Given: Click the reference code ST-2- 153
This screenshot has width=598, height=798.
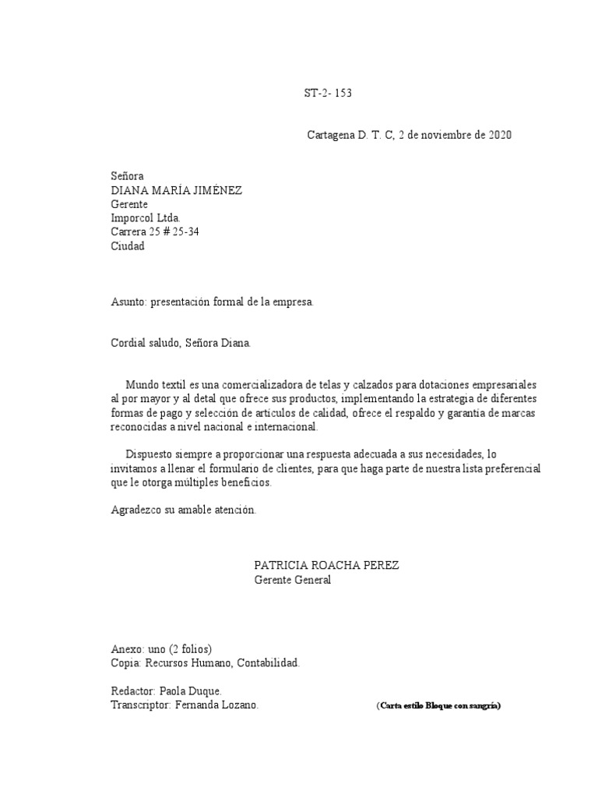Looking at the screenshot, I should [327, 94].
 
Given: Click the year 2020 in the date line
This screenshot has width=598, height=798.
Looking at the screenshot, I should [500, 135].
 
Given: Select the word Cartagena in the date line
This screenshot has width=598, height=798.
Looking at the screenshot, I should [331, 135].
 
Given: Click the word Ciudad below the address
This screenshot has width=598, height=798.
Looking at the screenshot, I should [128, 246].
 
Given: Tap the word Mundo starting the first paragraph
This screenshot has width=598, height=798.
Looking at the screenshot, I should [141, 385].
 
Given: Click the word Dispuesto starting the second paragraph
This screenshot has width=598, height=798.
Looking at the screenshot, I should [151, 454].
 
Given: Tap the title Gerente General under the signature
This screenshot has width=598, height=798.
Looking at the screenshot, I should [293, 580].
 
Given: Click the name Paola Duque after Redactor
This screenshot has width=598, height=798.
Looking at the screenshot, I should [190, 691].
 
